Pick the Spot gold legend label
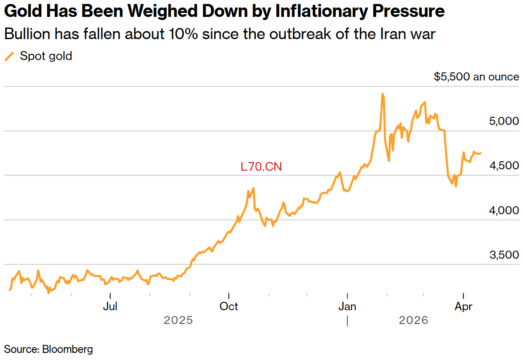point(46,56)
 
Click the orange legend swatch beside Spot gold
point(9,56)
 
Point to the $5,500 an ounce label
point(476,77)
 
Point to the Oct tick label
point(229,307)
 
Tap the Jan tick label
point(347,307)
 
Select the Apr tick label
point(464,307)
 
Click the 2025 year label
point(178,320)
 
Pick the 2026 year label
point(414,320)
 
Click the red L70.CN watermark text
point(261,167)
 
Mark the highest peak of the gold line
point(382,94)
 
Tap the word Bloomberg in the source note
point(68,349)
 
